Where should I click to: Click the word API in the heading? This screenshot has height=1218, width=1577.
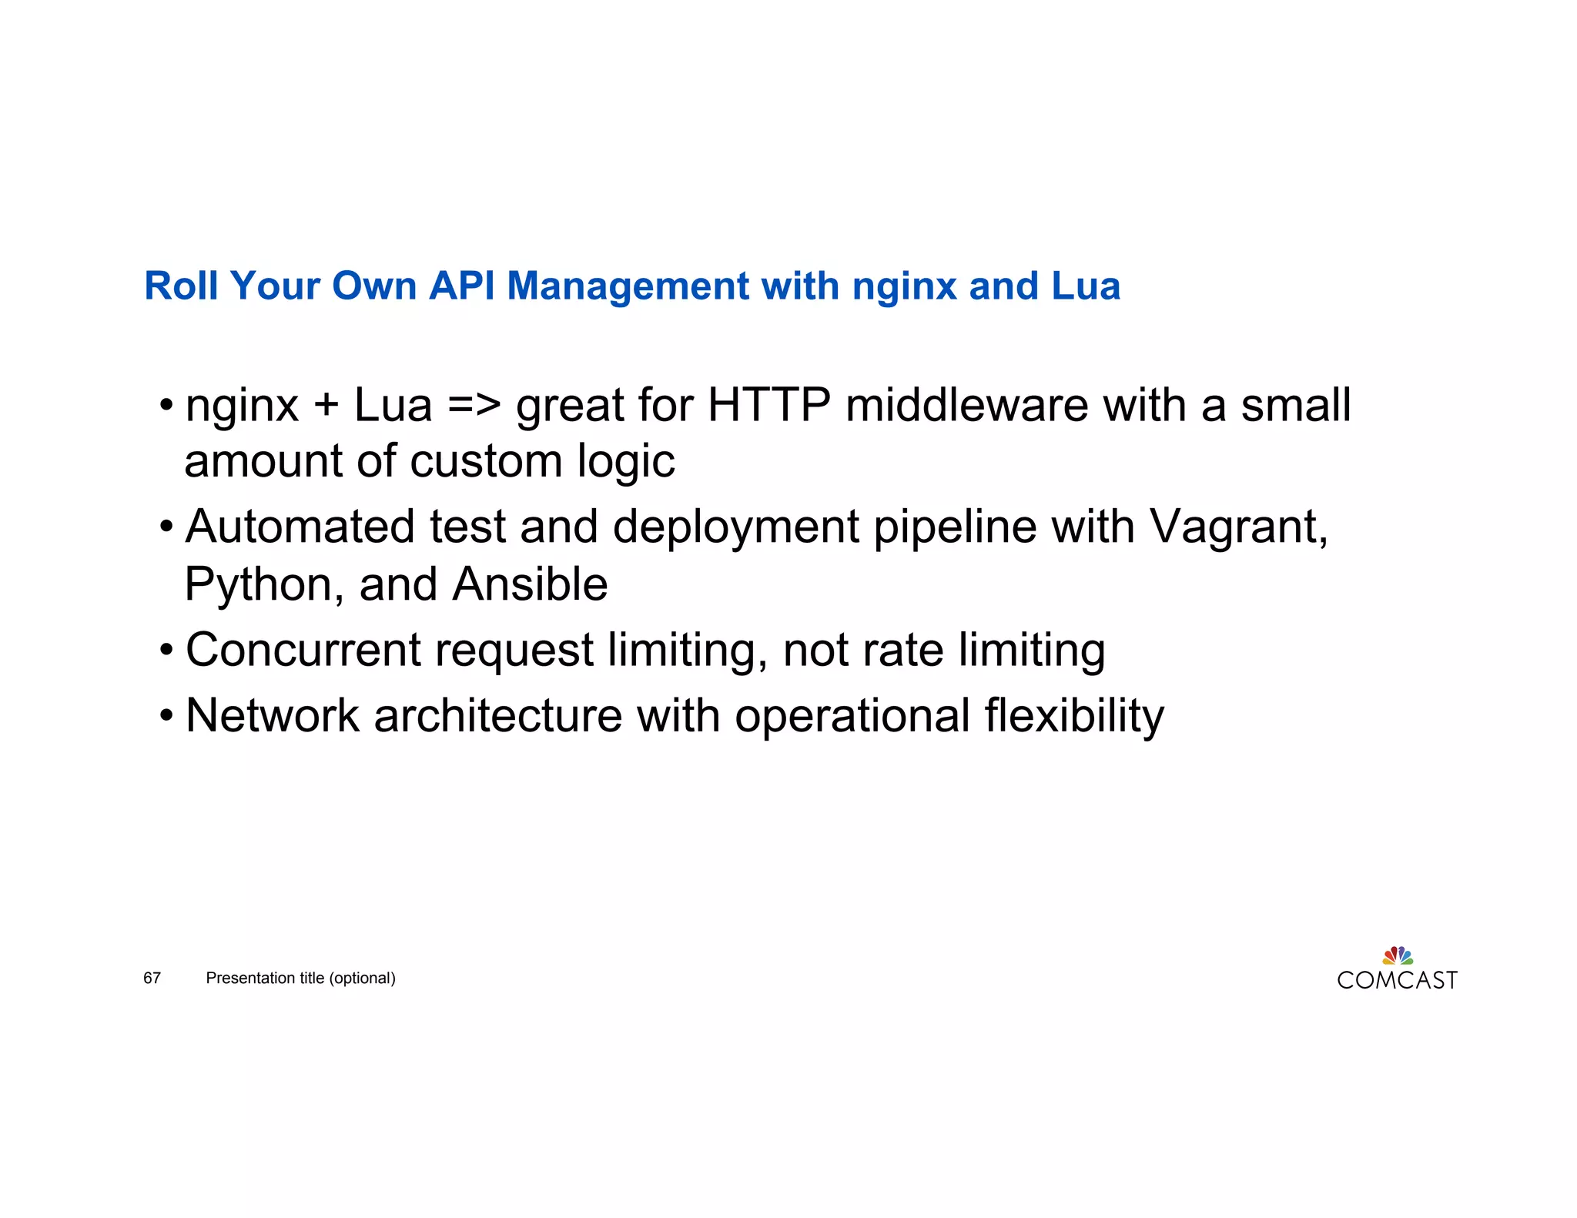(x=461, y=286)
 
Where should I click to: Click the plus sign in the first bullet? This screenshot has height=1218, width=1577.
(x=326, y=406)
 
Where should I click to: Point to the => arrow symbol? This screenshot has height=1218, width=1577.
(x=474, y=406)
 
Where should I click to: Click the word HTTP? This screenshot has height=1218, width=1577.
(x=768, y=406)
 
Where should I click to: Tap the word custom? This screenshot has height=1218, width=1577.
(x=486, y=462)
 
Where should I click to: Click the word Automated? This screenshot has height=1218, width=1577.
(x=300, y=527)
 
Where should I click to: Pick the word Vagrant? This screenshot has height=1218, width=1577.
(x=1238, y=529)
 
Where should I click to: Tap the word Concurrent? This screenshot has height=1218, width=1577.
(x=303, y=651)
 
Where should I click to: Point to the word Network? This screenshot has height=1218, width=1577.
(x=273, y=716)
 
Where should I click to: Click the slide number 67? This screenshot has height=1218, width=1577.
(x=152, y=978)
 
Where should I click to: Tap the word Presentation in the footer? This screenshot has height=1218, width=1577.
(x=251, y=978)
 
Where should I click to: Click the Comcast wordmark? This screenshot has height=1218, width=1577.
(x=1397, y=981)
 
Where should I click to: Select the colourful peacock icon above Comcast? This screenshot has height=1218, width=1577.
(x=1398, y=955)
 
